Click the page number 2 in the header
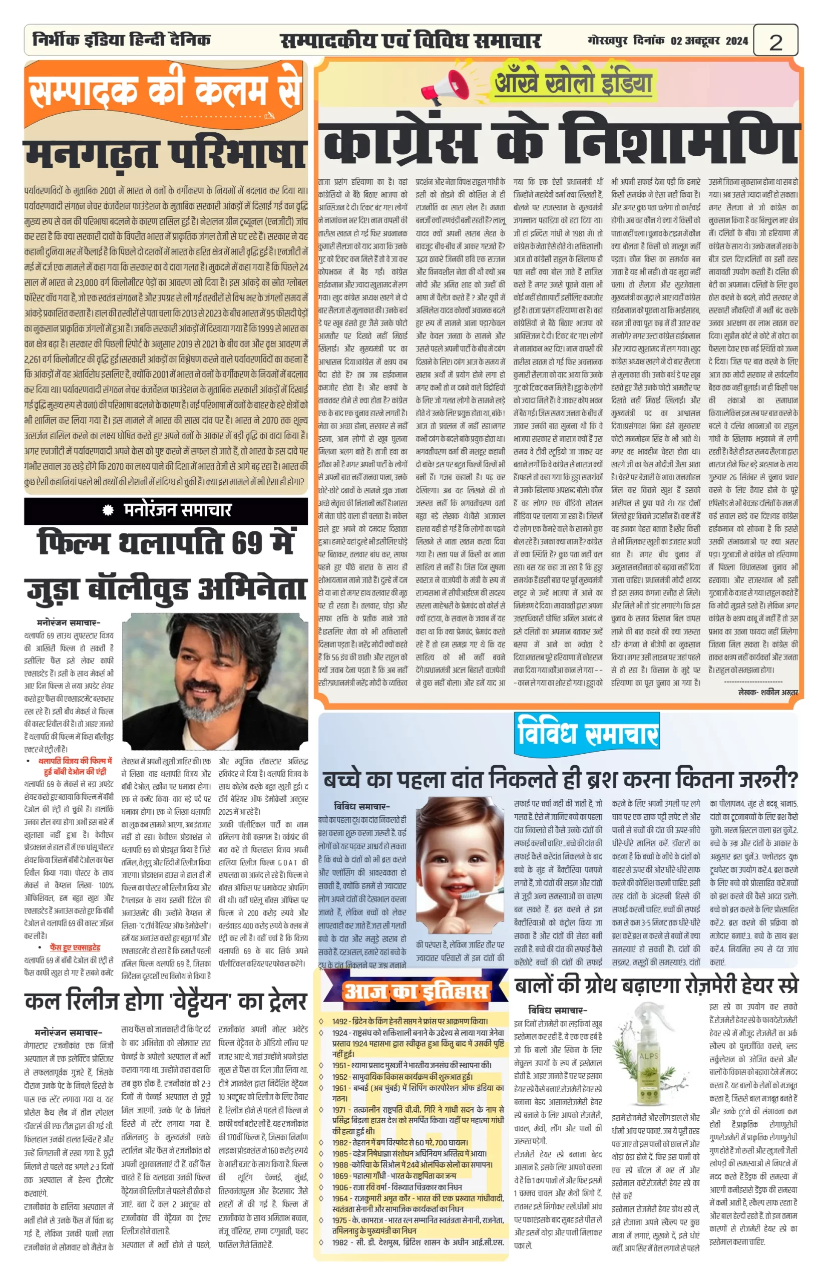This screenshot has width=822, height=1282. click(x=775, y=42)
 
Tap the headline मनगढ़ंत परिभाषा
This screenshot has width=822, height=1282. click(x=166, y=155)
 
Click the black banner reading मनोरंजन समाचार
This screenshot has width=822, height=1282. click(x=166, y=510)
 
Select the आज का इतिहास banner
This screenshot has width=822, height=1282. click(x=416, y=991)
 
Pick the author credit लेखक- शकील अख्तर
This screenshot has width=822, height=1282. click(x=767, y=693)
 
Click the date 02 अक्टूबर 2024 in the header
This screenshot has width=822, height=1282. click(x=709, y=41)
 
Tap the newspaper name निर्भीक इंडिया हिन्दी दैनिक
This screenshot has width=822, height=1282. click(x=122, y=40)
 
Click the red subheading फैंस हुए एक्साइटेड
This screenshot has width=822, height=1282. click(x=75, y=948)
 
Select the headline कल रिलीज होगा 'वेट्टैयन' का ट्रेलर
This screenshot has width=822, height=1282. click(x=166, y=1002)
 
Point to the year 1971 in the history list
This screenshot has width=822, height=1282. click(x=340, y=1110)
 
